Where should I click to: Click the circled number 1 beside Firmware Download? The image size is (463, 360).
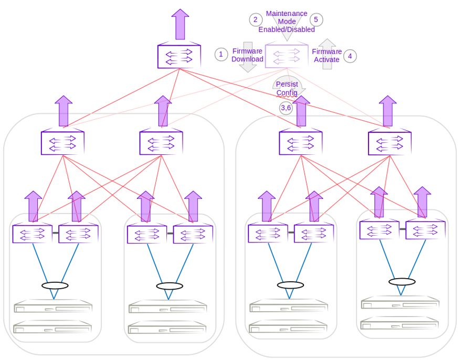[222, 54]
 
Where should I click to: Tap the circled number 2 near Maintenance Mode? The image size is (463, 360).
[256, 19]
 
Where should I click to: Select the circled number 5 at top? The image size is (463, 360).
[316, 19]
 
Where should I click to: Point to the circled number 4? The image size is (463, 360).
[350, 56]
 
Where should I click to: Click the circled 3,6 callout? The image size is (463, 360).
[286, 108]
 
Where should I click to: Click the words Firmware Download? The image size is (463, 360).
[247, 55]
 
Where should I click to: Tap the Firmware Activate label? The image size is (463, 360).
[327, 56]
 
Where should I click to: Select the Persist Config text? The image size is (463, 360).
[287, 88]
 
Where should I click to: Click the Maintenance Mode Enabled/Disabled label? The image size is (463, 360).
[287, 22]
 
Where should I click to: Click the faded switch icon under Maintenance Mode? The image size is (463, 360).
[287, 56]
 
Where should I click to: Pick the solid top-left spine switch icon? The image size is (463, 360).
[179, 56]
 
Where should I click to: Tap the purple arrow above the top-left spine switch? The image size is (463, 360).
[180, 25]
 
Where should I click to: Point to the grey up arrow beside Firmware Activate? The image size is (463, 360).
[328, 54]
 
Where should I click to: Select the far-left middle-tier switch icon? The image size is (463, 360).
[62, 142]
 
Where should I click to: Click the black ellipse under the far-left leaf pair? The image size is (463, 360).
[55, 286]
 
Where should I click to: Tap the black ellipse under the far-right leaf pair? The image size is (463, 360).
[402, 282]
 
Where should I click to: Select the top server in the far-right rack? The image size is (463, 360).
[400, 303]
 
